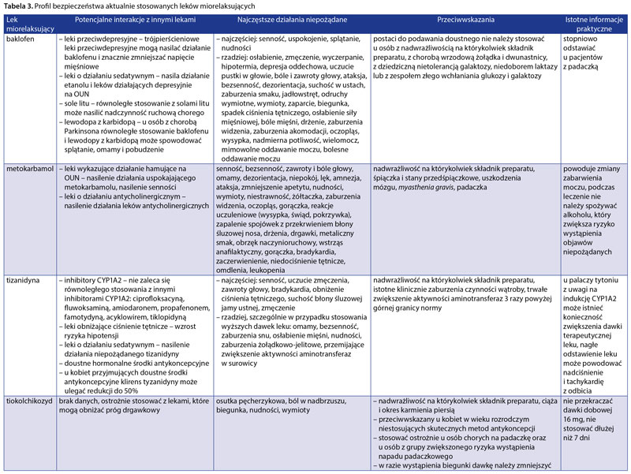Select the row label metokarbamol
coord(26,169)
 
